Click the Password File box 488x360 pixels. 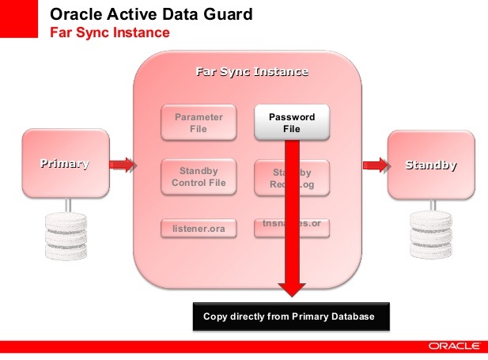click(292, 122)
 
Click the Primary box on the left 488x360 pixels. click(65, 165)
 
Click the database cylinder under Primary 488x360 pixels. click(65, 235)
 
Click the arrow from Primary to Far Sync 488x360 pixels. click(121, 165)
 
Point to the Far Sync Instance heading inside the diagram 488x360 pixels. click(252, 72)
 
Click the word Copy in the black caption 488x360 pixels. click(216, 316)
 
